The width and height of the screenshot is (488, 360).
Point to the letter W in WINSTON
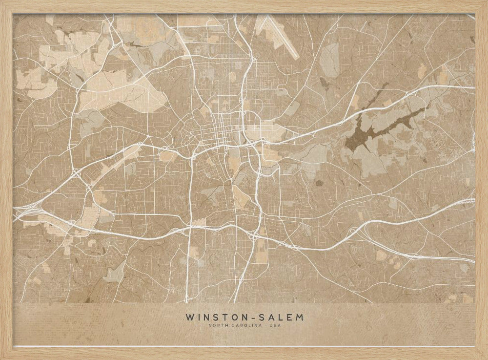(x=189, y=317)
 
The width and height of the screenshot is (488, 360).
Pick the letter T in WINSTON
(x=225, y=317)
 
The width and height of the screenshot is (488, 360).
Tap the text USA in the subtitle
(x=275, y=326)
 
